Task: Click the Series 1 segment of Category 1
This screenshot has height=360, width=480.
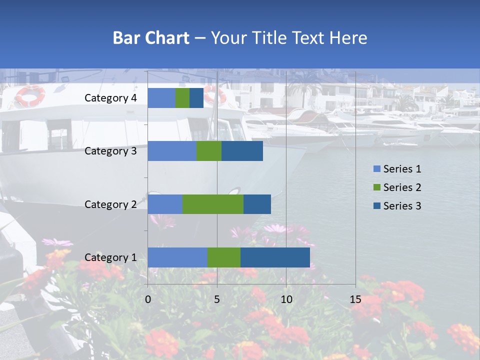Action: tap(177, 257)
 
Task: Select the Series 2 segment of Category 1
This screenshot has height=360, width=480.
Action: tap(224, 257)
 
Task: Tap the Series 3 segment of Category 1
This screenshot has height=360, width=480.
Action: tap(275, 257)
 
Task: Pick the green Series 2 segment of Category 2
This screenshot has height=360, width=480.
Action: tap(213, 204)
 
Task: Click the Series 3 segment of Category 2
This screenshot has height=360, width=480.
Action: tap(257, 204)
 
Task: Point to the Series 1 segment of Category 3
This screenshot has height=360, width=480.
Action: tap(172, 151)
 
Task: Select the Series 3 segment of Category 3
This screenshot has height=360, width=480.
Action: tap(242, 151)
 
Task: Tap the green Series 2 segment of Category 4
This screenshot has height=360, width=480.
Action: tap(182, 98)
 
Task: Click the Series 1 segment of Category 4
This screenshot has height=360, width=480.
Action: tap(161, 98)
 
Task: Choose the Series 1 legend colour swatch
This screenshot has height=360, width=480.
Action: tap(377, 169)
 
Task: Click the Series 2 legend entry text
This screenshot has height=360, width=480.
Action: tap(402, 187)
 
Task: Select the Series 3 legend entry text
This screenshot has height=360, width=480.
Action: tap(402, 206)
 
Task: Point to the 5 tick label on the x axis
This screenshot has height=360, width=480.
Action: tap(217, 299)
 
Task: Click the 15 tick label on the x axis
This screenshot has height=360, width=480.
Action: tap(355, 299)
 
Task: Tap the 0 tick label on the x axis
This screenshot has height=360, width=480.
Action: tap(148, 299)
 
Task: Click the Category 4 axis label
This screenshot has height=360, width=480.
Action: tap(110, 98)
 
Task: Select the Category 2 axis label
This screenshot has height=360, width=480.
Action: tap(110, 204)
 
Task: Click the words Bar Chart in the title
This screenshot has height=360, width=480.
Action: tap(151, 38)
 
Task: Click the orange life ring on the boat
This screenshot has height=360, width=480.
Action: tap(30, 95)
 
